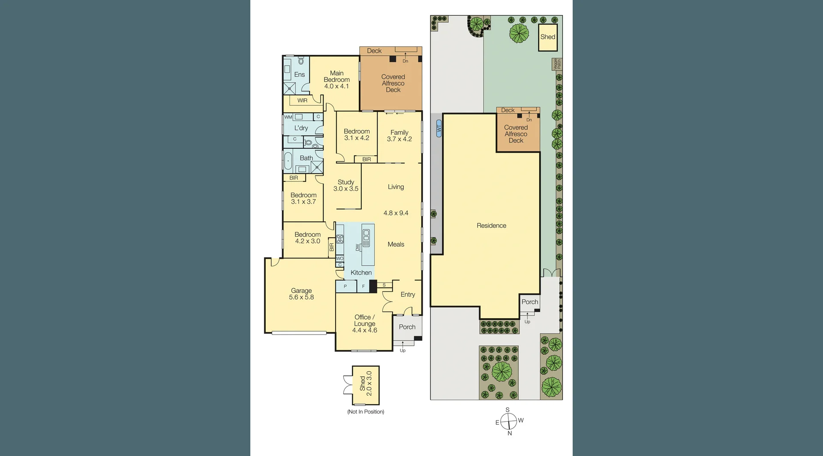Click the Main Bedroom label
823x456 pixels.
[336, 80]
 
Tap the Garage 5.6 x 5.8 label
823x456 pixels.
[301, 294]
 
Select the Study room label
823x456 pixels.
[346, 185]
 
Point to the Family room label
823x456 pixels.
[399, 136]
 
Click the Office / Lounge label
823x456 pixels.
[364, 323]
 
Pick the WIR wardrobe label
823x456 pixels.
[302, 100]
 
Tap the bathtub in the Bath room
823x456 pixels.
[288, 161]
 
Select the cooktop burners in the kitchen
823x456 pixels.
[340, 239]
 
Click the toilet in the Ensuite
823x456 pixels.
[301, 61]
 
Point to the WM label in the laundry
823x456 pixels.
[288, 117]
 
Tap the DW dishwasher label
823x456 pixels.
[357, 248]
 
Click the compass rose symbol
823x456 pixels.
[508, 421]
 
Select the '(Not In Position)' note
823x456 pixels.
[366, 412]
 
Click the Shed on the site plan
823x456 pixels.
[548, 37]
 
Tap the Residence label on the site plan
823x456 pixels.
[491, 226]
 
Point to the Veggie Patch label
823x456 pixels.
[556, 64]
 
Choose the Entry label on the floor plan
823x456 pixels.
[408, 294]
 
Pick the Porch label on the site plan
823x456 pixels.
[530, 302]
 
